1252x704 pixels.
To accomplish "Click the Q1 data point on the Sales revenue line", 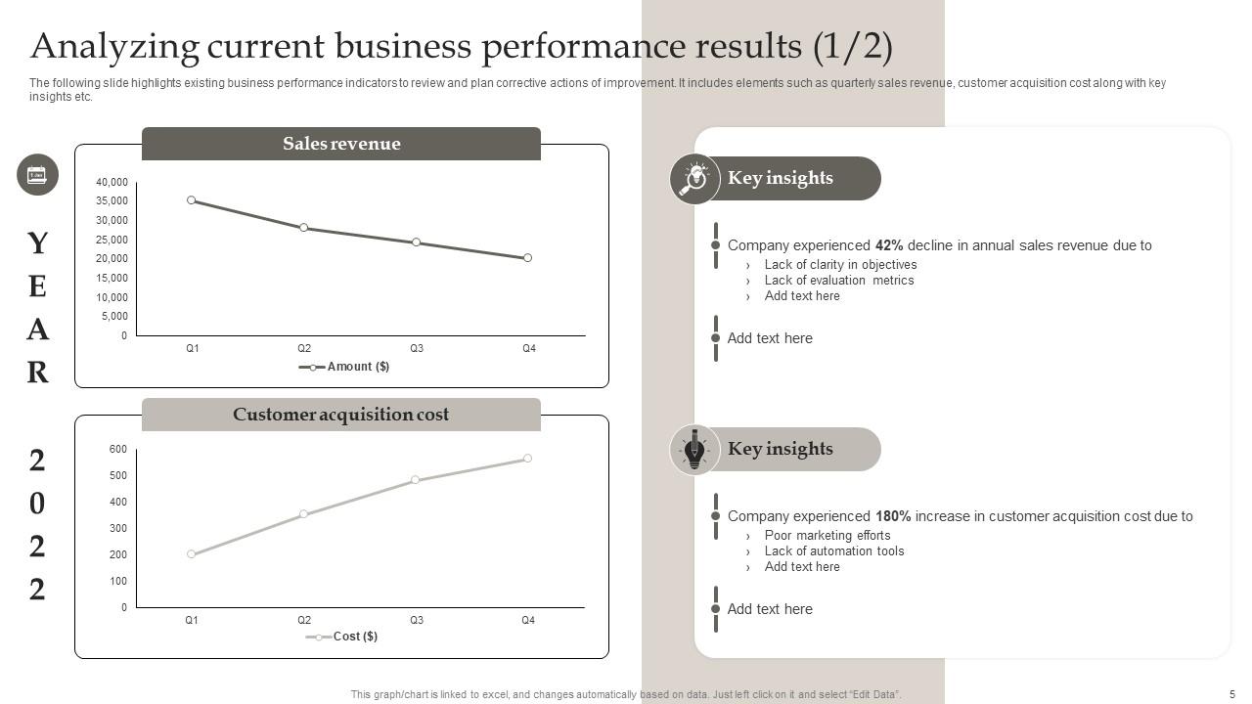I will point(192,200).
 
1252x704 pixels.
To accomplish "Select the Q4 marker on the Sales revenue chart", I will point(528,258).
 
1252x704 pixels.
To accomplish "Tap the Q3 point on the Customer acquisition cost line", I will point(416,480).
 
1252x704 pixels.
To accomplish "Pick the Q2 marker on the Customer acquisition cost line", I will point(304,513).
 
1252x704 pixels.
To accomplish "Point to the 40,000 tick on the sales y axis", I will point(112,182).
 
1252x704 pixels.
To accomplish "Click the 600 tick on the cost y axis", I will point(117,449).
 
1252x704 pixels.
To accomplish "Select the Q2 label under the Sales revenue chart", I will point(304,349).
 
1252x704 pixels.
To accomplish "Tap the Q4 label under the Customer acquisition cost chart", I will point(528,620).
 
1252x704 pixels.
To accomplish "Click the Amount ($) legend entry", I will point(344,367).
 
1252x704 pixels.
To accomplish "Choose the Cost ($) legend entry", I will point(342,637).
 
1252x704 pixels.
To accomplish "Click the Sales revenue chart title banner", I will point(341,144).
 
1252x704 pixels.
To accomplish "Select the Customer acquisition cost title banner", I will point(341,415).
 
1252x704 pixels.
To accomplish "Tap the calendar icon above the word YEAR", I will point(37,175).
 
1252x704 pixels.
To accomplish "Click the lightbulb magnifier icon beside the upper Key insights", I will point(694,179).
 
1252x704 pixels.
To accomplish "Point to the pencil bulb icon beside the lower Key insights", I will point(694,450).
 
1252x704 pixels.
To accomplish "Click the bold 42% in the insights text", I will point(889,245).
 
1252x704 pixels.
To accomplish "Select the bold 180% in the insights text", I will point(893,516).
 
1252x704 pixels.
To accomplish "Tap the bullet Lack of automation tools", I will point(833,551).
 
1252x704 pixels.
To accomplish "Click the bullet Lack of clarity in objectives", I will point(840,265).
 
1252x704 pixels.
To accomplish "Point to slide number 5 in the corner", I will point(1231,694).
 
